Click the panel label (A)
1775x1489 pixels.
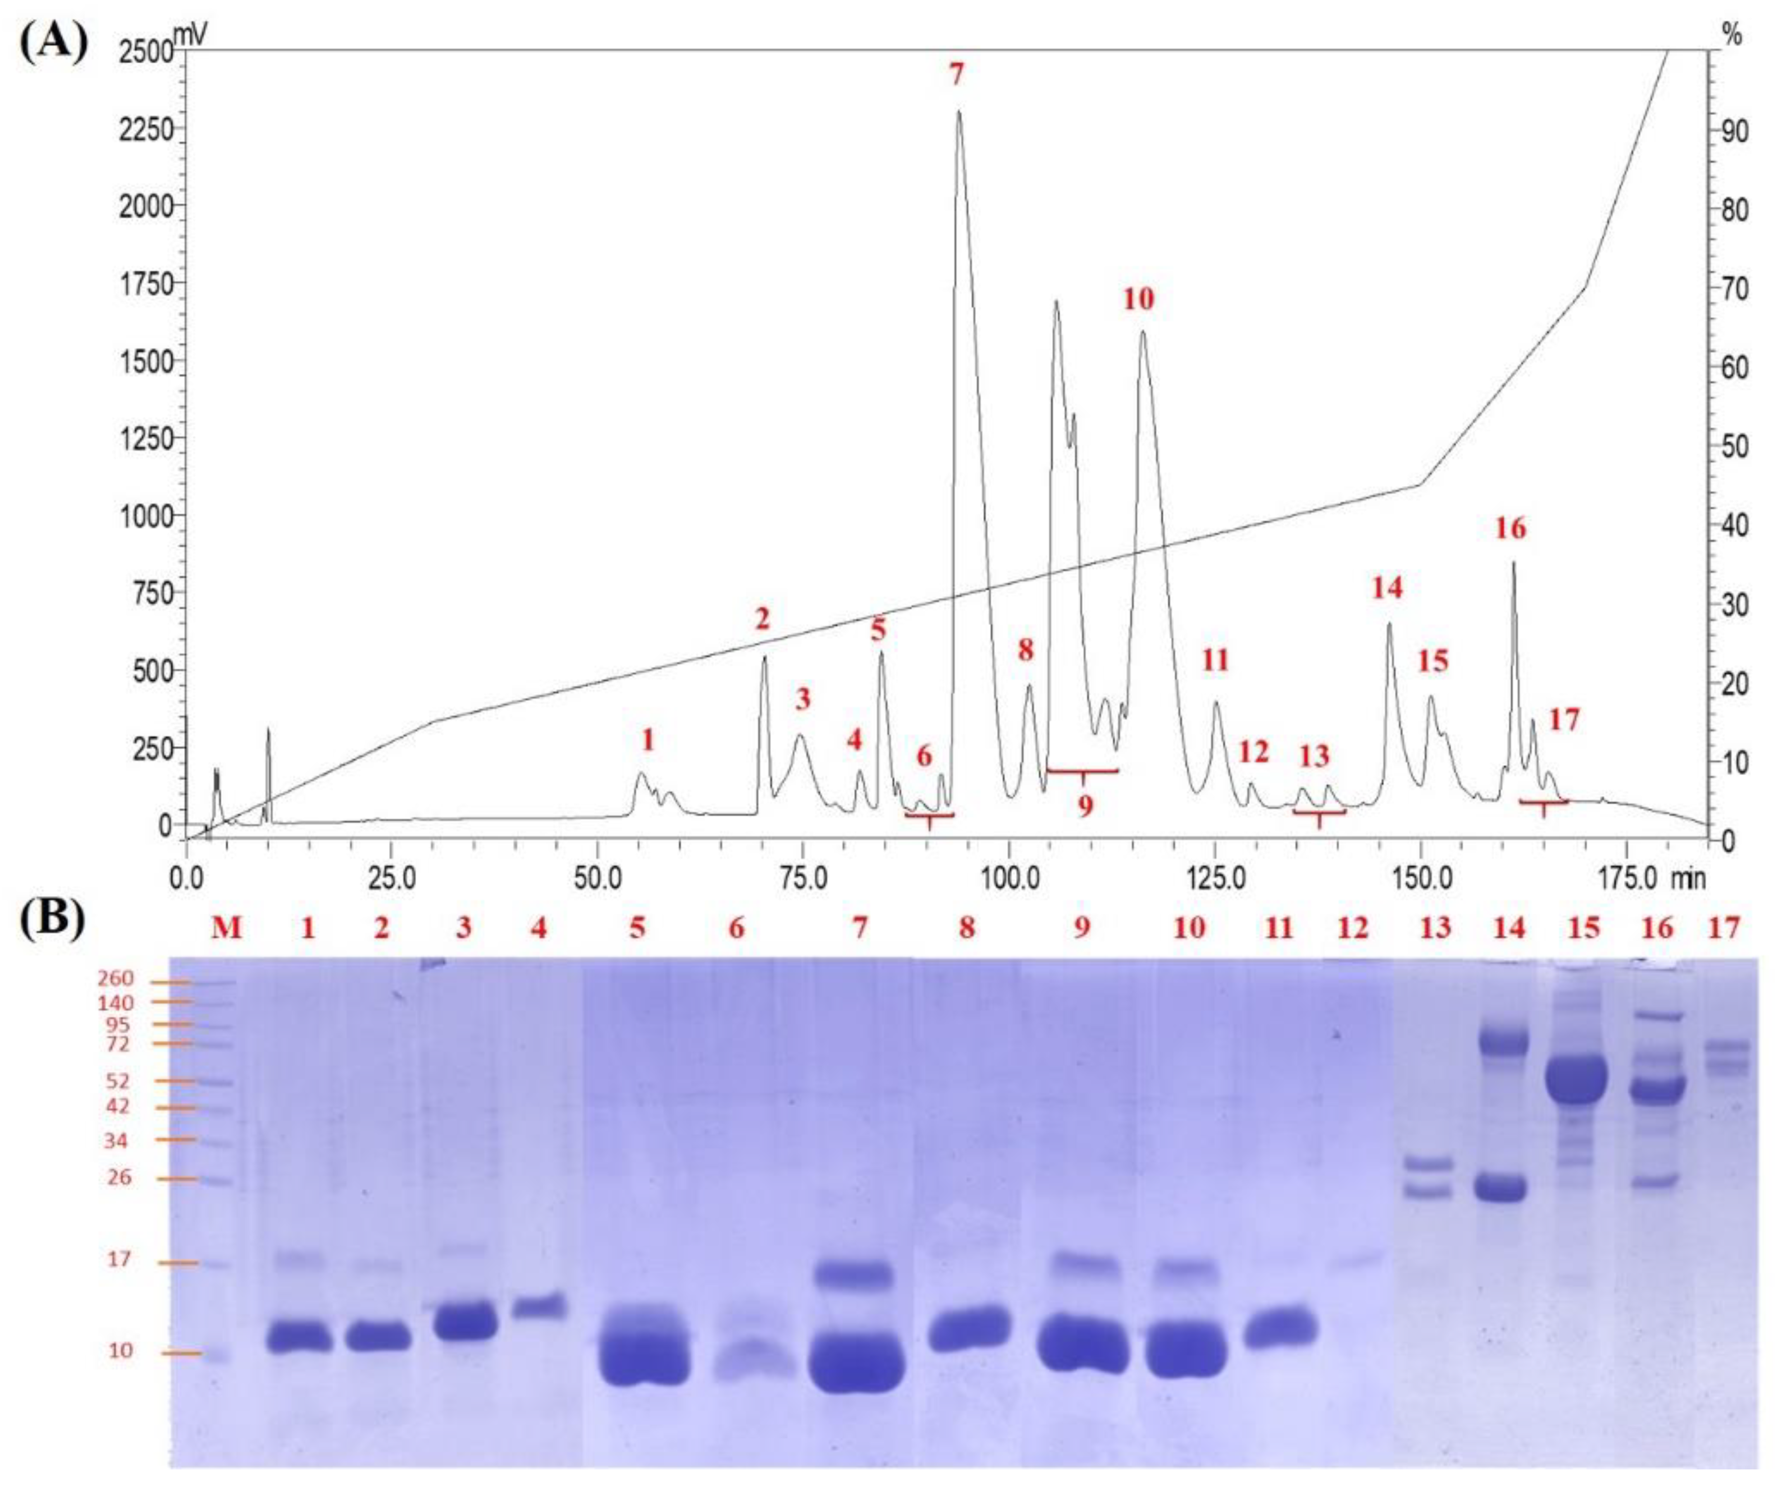coord(52,42)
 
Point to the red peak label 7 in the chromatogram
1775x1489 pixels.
coord(956,74)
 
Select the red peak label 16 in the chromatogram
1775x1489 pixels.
coord(1510,529)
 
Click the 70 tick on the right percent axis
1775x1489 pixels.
coord(1736,288)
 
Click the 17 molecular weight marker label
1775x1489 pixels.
coord(120,1260)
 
